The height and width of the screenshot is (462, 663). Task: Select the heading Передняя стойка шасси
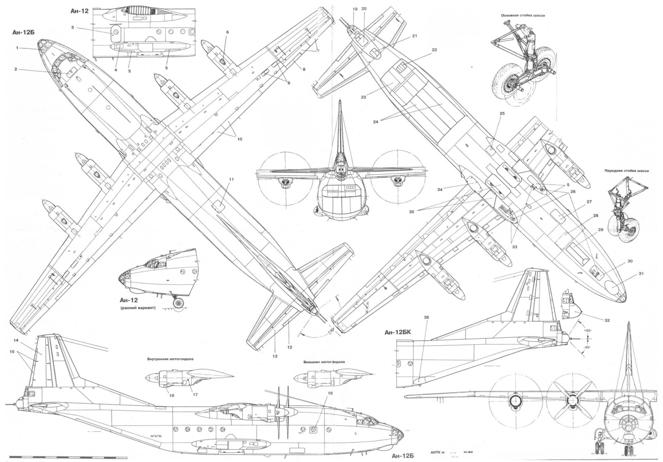(626, 171)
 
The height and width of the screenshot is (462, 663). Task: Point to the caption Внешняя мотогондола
(324, 362)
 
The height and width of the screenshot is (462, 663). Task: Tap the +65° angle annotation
(588, 331)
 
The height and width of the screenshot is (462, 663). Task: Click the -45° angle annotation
(588, 347)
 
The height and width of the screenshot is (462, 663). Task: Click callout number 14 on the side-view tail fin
(16, 340)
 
